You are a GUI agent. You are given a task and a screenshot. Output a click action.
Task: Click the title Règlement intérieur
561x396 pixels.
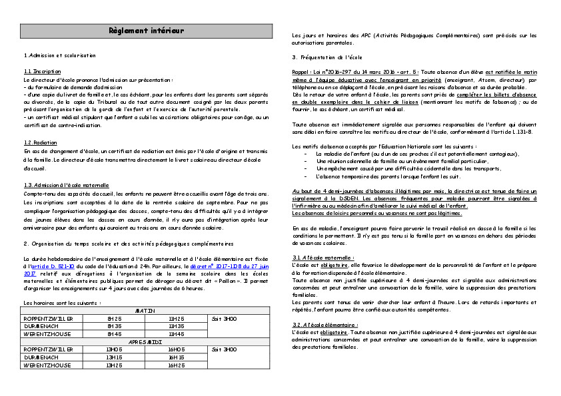click(x=146, y=31)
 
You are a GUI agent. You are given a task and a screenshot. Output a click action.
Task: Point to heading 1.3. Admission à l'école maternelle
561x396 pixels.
click(x=66, y=185)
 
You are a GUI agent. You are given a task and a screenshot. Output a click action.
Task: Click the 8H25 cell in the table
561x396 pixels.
click(x=115, y=318)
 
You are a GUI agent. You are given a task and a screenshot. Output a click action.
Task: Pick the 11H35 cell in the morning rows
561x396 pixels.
click(x=177, y=326)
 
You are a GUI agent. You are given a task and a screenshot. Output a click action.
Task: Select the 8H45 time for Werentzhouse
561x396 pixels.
click(x=115, y=334)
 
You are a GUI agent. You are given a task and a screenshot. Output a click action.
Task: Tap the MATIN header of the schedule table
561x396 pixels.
click(x=146, y=311)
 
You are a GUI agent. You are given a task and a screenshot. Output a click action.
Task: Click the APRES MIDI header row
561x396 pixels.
click(x=146, y=341)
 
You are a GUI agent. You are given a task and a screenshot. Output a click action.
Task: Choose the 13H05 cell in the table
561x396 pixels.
click(x=115, y=349)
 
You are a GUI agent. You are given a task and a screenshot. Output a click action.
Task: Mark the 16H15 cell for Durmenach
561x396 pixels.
click(x=177, y=357)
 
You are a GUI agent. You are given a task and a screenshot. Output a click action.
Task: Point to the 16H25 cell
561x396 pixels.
click(x=177, y=365)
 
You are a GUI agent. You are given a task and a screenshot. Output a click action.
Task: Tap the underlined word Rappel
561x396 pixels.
click(x=300, y=71)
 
